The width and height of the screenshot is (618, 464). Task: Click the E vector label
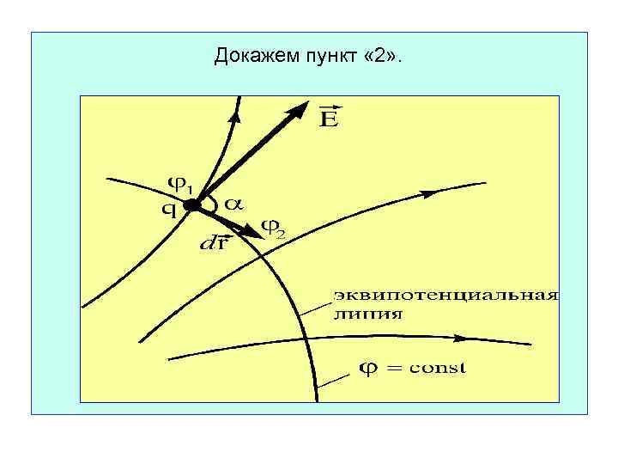click(x=329, y=117)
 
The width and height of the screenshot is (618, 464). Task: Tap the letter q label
click(x=170, y=209)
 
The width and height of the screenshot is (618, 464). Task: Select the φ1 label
click(x=180, y=183)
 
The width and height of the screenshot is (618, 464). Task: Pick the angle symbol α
click(x=233, y=205)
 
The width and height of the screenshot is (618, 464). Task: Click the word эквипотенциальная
click(x=445, y=296)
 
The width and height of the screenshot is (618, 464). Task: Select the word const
click(x=438, y=368)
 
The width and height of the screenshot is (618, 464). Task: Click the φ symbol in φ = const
click(x=367, y=368)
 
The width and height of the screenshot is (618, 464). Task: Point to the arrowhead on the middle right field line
click(x=427, y=194)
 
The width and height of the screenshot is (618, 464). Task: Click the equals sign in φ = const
click(x=394, y=368)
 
